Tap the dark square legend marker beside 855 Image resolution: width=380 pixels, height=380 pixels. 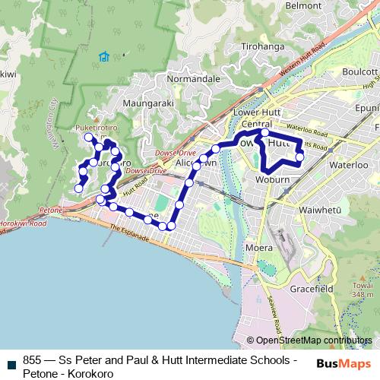[11, 361]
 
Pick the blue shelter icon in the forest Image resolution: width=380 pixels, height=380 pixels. [103, 55]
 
